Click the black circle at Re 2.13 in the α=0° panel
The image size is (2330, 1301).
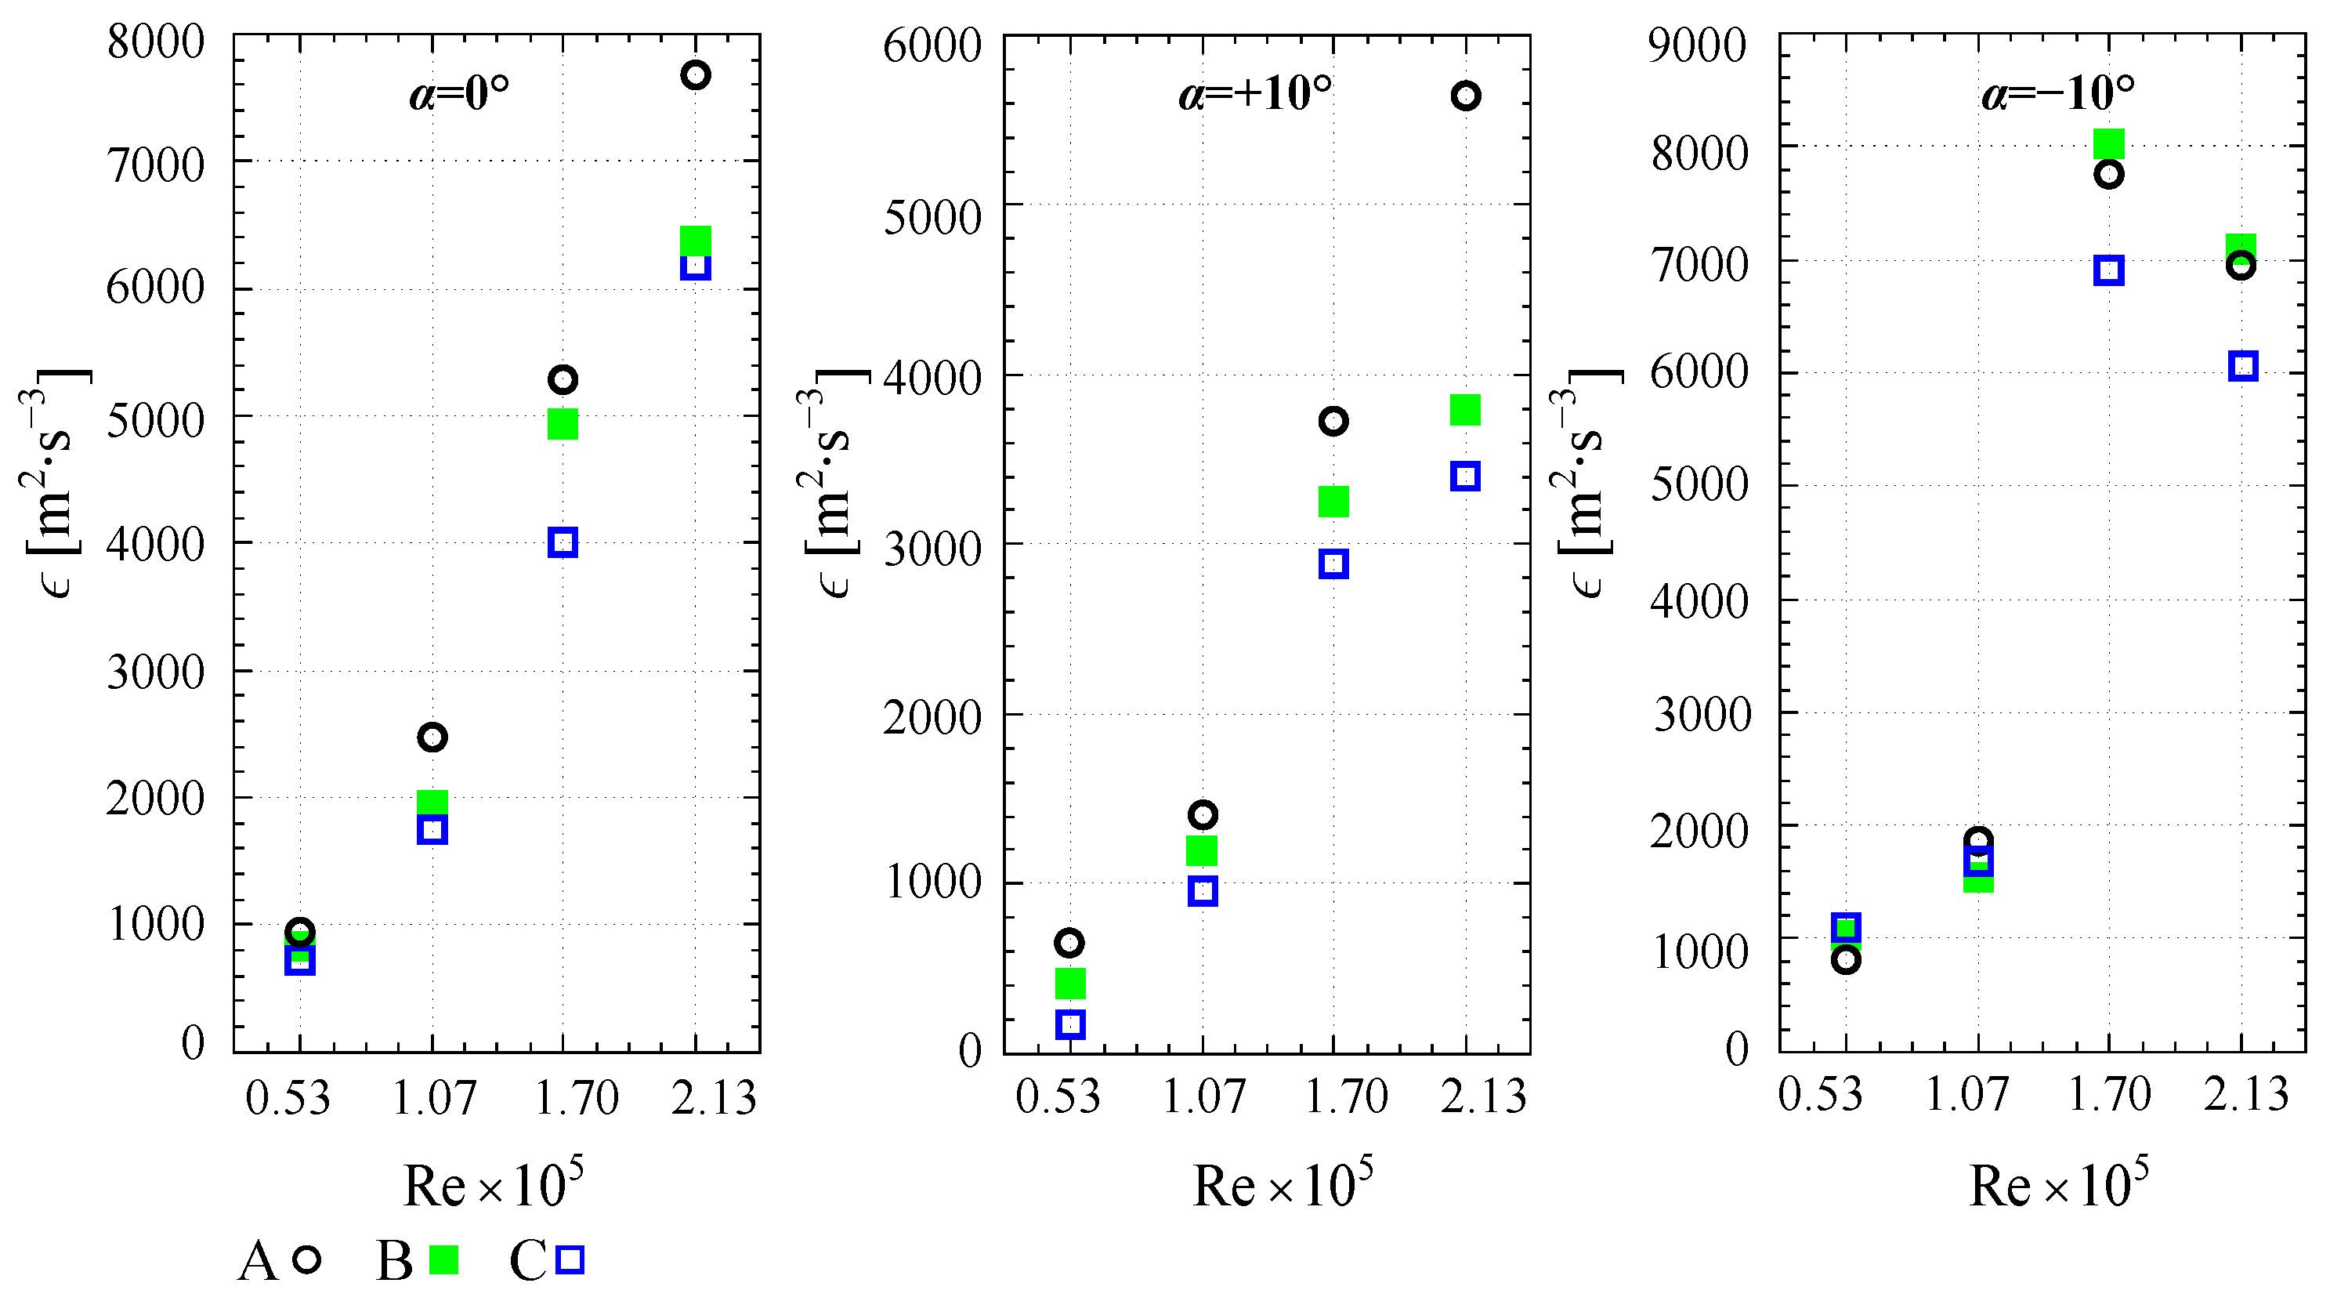(x=695, y=75)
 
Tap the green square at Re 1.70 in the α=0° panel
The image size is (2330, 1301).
(x=563, y=424)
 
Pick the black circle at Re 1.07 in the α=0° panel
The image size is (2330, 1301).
(x=432, y=737)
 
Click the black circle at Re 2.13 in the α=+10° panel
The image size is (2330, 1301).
(x=1465, y=96)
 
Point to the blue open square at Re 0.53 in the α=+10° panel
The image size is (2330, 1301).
(x=1070, y=1024)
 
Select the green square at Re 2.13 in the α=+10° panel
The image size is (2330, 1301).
(x=1465, y=410)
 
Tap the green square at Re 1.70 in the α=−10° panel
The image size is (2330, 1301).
(x=2108, y=143)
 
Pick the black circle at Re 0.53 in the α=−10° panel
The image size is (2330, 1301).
(x=1846, y=960)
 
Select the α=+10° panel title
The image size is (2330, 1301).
(x=1254, y=93)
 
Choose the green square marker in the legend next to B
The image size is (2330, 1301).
(x=443, y=1259)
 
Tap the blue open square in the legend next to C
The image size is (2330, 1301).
(x=570, y=1259)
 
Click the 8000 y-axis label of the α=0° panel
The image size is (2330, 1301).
(x=156, y=42)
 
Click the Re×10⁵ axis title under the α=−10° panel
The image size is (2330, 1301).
(x=2059, y=1185)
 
